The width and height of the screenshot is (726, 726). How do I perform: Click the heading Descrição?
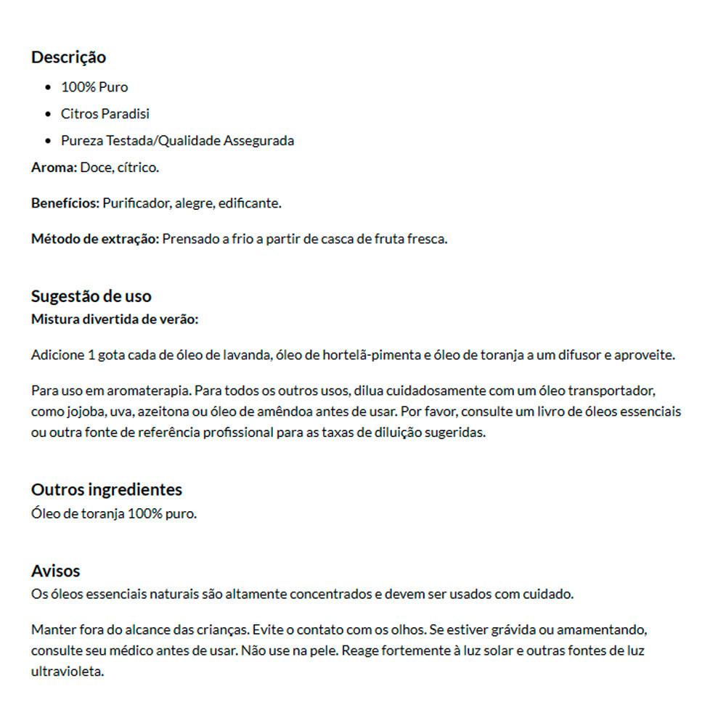click(68, 57)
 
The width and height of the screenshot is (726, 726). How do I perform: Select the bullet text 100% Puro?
click(94, 87)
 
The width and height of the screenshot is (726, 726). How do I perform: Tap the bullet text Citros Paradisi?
click(105, 114)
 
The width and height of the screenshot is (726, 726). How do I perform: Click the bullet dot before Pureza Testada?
click(48, 141)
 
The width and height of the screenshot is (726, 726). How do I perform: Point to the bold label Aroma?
click(54, 168)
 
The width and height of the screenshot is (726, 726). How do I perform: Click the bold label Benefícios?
click(65, 203)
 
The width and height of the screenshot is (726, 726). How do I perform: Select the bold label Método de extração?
click(95, 239)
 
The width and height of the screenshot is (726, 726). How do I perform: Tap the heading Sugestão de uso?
click(91, 296)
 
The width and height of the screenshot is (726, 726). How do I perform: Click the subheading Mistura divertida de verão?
click(115, 319)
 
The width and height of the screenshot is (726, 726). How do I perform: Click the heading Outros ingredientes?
click(107, 489)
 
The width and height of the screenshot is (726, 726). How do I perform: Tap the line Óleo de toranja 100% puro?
click(114, 514)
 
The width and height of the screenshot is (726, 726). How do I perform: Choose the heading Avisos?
click(55, 571)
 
